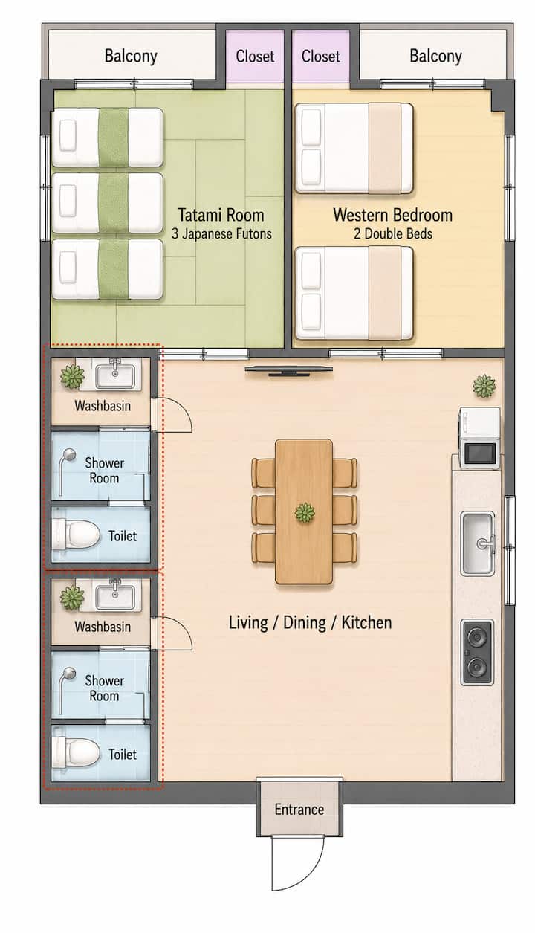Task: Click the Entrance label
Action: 299,809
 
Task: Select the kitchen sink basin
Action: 478,543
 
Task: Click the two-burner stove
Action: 478,652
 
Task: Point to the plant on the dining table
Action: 305,512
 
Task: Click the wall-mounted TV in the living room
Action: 288,370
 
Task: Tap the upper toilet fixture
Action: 76,535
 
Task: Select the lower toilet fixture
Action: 76,752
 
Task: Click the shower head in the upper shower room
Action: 68,454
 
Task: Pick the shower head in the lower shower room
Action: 68,673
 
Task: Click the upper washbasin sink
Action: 115,375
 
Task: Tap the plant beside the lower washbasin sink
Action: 72,598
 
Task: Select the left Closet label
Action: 255,57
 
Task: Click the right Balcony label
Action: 435,57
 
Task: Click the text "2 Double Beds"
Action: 393,233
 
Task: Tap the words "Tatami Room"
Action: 221,215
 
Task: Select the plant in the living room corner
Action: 484,386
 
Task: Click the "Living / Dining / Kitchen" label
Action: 310,623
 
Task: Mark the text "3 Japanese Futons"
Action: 222,233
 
